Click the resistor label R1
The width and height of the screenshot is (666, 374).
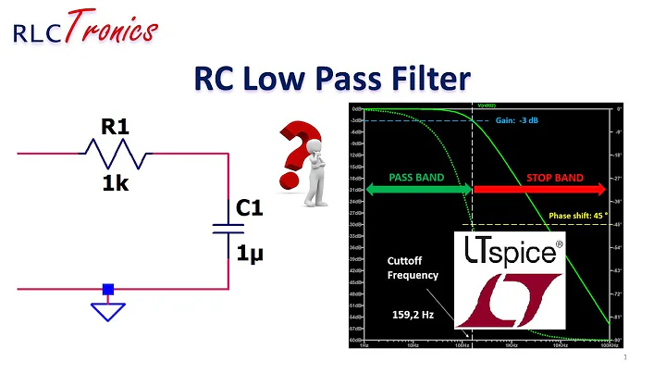pyautogui.click(x=115, y=126)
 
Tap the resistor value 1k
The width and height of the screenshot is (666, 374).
pyautogui.click(x=115, y=183)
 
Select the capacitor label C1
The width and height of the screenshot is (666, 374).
pyautogui.click(x=249, y=209)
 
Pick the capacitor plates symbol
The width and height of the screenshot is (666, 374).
pyautogui.click(x=228, y=229)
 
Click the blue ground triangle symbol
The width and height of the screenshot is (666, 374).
pyautogui.click(x=109, y=309)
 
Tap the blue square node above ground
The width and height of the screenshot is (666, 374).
pyautogui.click(x=109, y=289)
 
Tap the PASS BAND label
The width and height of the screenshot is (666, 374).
pyautogui.click(x=417, y=176)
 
